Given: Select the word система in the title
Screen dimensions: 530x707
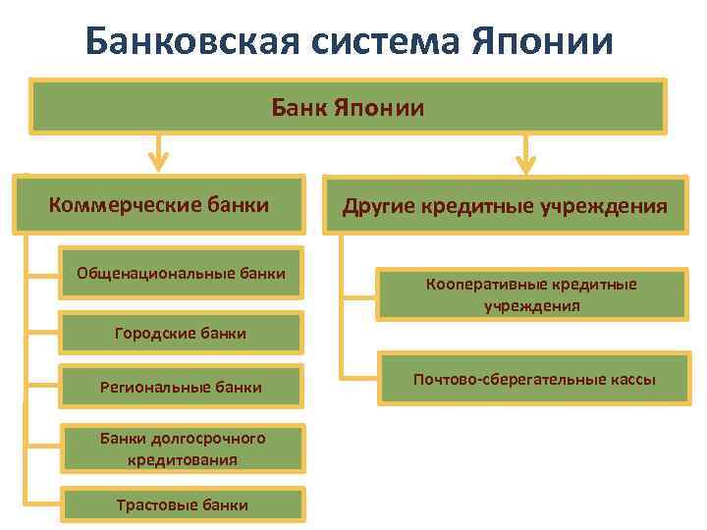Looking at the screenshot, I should coord(375,41).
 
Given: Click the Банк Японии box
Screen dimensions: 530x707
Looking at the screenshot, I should coord(349,106).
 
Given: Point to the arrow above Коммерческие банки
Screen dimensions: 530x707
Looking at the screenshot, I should coord(157,153).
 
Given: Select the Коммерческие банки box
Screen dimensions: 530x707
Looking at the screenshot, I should coord(159,205).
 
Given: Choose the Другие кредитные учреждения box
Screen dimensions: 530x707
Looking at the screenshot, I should coord(505,207).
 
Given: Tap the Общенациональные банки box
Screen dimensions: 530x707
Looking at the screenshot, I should coord(182,272).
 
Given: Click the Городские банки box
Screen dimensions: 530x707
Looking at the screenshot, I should coord(182,334).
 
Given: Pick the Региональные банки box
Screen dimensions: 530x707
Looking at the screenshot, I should coord(182,387).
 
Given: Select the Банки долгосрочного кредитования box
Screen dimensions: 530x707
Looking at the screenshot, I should coord(182,448).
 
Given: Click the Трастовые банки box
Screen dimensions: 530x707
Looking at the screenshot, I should coord(182,504).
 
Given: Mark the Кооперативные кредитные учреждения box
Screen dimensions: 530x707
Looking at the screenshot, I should coord(531,294).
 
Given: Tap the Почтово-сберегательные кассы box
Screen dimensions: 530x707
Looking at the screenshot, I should coord(534,379).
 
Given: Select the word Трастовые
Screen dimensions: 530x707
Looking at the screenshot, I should coord(150,504).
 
